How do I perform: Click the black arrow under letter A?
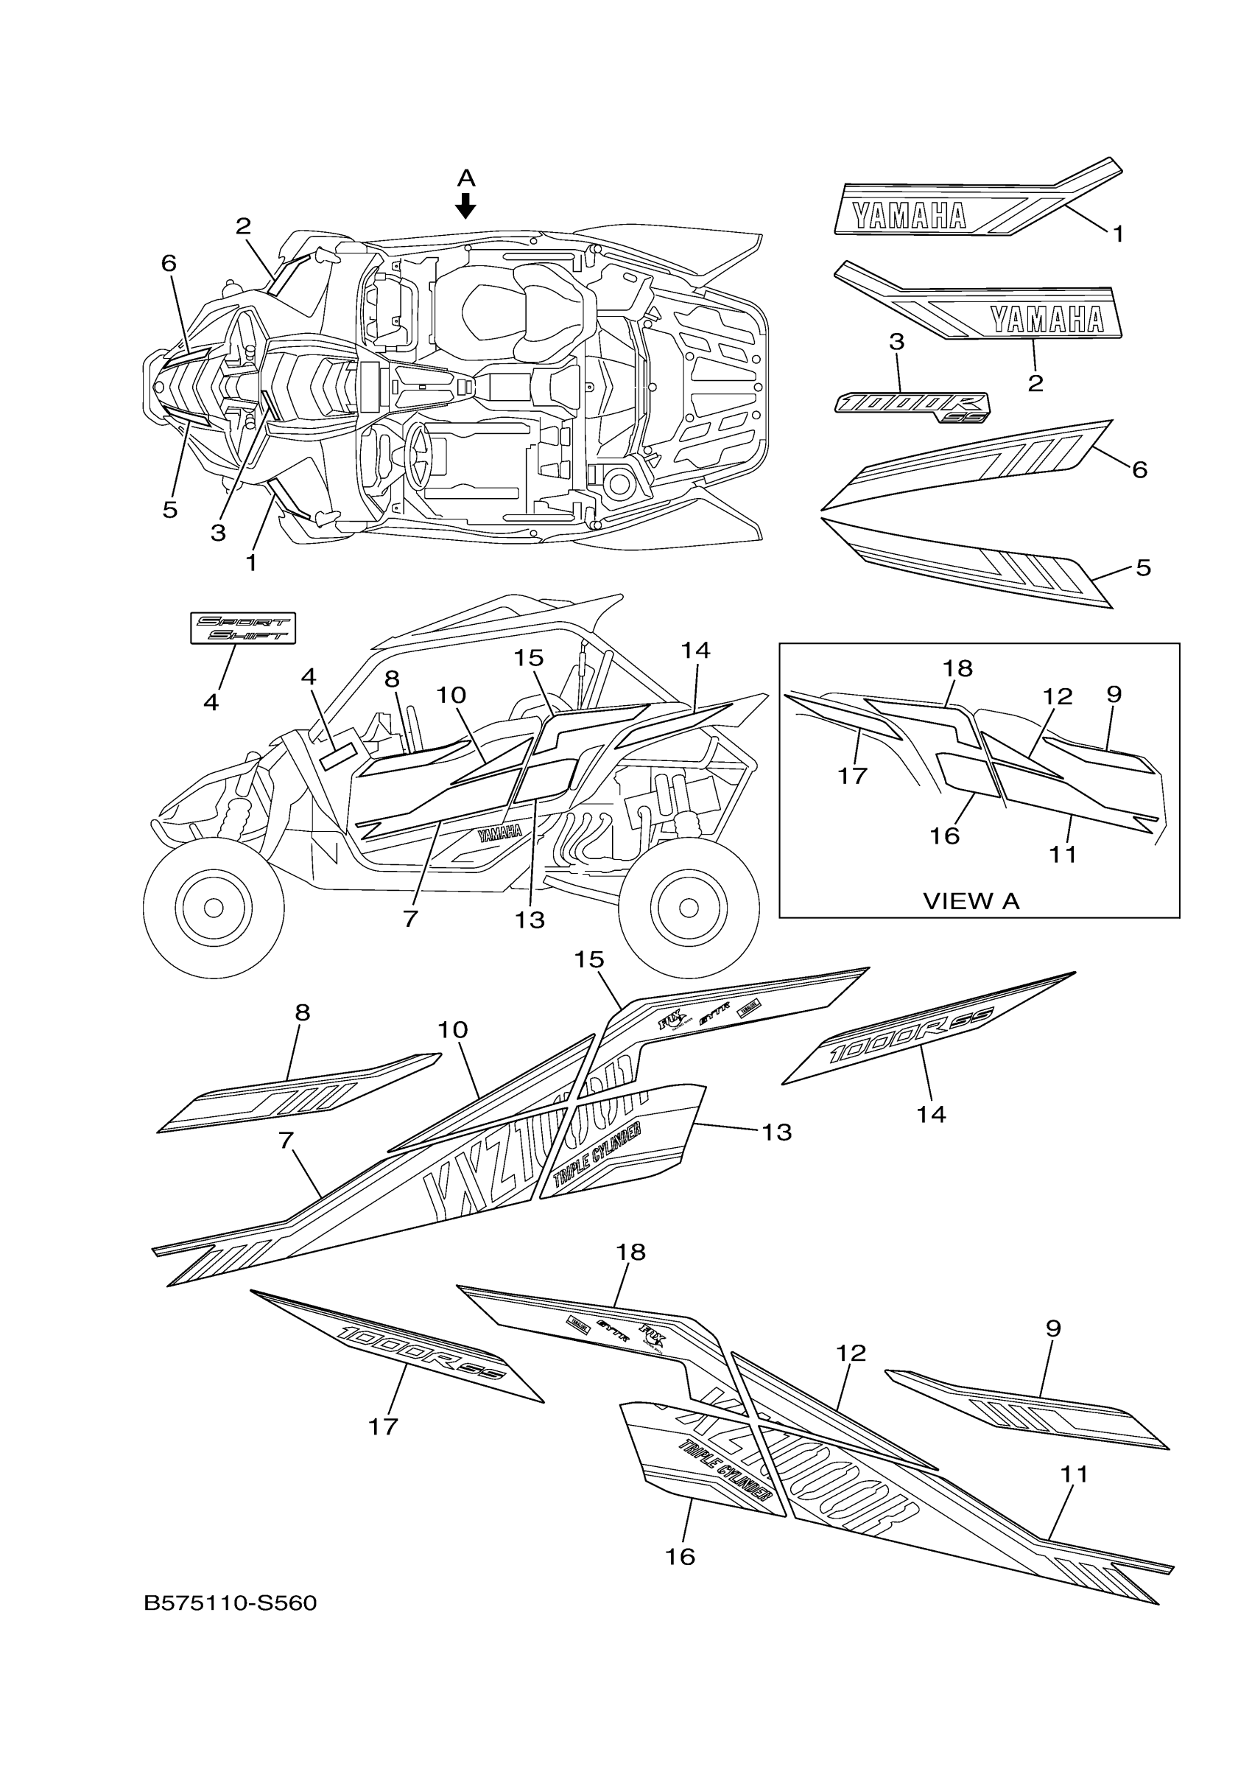click(x=465, y=206)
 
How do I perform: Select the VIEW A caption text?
click(x=971, y=900)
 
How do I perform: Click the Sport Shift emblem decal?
click(x=243, y=628)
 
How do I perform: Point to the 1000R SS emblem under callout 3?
click(x=912, y=407)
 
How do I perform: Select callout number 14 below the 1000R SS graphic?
click(x=931, y=1114)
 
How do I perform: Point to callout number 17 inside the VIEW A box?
click(x=852, y=776)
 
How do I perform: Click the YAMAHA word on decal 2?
click(x=1047, y=319)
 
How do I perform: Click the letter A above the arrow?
click(x=465, y=179)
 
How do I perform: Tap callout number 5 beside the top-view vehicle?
click(x=169, y=510)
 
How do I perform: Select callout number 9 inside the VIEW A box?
click(x=1113, y=694)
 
